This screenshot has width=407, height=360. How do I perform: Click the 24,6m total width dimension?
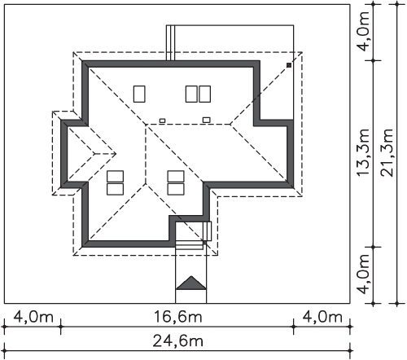[177, 340]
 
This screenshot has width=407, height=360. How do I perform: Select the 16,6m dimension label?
[177, 317]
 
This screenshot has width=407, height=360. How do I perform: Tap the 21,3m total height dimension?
[387, 152]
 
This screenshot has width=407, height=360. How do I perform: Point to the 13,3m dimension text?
[364, 152]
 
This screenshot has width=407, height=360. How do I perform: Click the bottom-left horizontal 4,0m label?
[33, 317]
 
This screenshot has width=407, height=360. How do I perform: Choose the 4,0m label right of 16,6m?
[322, 317]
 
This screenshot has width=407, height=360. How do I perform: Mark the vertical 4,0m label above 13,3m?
[364, 31]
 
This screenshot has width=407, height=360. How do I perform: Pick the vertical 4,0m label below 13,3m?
[364, 274]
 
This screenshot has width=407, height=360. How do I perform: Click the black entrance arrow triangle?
[191, 283]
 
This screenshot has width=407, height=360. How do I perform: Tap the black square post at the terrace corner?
[289, 65]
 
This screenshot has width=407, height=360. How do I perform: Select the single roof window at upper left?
[139, 94]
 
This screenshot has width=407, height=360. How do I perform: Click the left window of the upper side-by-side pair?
[191, 94]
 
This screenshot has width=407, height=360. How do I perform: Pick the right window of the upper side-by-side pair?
[204, 94]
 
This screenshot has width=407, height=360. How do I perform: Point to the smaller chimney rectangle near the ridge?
[162, 121]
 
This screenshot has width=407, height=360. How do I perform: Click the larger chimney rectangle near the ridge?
[207, 120]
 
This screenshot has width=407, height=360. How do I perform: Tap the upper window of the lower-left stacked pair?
[116, 176]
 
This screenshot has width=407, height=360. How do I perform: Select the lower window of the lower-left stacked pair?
[116, 189]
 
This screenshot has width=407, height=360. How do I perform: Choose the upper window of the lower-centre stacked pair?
[176, 176]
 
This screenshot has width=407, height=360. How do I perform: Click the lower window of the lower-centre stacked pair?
[176, 189]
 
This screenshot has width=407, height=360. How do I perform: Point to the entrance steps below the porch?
[190, 246]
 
